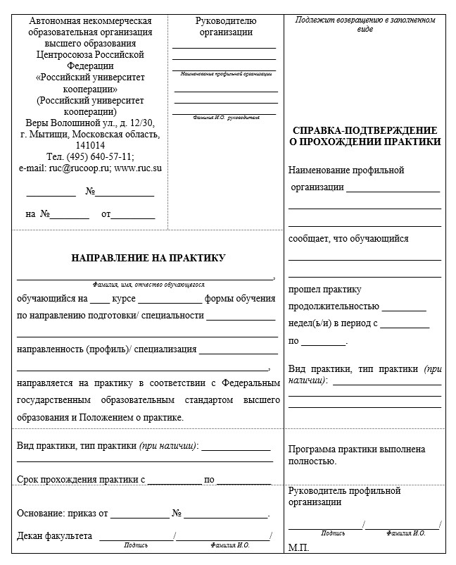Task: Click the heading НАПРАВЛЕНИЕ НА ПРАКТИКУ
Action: [148, 258]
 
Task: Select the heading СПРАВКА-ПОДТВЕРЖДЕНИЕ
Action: [365, 130]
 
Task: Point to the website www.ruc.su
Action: [138, 168]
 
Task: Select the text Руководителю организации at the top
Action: [225, 26]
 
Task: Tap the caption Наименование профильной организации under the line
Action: [225, 74]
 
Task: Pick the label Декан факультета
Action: [55, 536]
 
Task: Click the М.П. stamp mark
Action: [298, 547]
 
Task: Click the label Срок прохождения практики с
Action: [81, 480]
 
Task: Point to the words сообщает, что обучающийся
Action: [348, 238]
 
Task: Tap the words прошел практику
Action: [324, 290]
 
